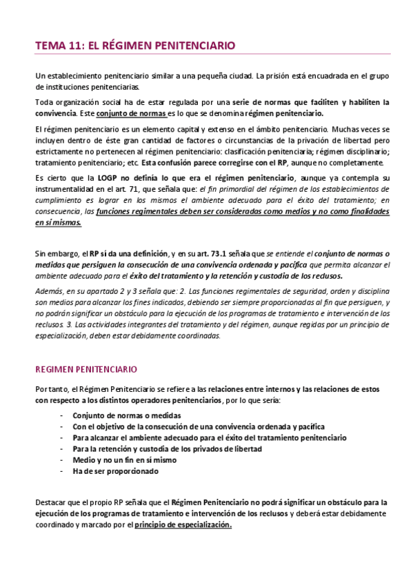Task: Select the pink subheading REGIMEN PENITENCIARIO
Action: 85,370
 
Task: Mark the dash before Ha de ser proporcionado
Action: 63,471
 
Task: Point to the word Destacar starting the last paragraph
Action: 52,502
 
